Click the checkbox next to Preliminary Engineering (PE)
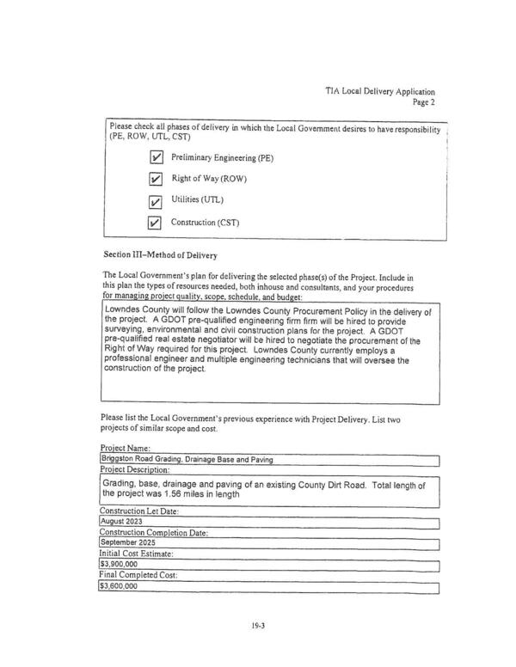click(157, 158)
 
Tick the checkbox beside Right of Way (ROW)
click(157, 180)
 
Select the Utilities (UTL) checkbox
click(156, 202)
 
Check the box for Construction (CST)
click(156, 223)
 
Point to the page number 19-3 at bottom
click(258, 626)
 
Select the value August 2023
click(122, 522)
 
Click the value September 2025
click(129, 543)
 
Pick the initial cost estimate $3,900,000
click(120, 565)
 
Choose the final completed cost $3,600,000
click(120, 586)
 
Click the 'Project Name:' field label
click(126, 449)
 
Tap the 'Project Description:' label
click(135, 469)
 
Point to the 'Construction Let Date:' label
click(139, 511)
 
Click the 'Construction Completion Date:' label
click(153, 533)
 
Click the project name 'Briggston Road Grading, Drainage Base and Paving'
click(187, 459)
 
